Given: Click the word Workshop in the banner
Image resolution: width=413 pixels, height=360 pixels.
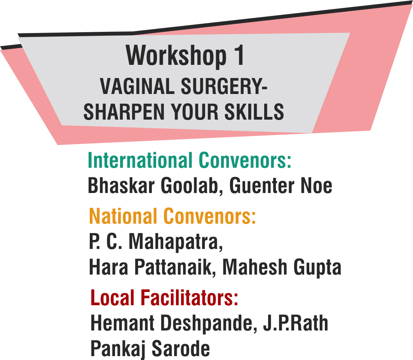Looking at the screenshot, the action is pyautogui.click(x=176, y=56).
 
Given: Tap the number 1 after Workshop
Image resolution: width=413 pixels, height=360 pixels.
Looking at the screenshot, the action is pyautogui.click(x=239, y=55).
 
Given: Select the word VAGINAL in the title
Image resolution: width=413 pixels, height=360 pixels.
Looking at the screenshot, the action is pyautogui.click(x=137, y=86).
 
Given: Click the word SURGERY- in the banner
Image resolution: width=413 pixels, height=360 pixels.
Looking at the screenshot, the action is pyautogui.click(x=224, y=86).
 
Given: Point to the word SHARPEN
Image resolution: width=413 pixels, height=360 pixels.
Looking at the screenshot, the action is pyautogui.click(x=124, y=112).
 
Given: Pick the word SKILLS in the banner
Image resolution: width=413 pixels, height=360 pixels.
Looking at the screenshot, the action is pyautogui.click(x=254, y=112).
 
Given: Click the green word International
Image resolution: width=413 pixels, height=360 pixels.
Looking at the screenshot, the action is pyautogui.click(x=140, y=160).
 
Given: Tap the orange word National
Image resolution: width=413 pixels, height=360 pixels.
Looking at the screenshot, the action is pyautogui.click(x=123, y=216).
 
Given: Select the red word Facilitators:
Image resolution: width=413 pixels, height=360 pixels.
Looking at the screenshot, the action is pyautogui.click(x=189, y=297).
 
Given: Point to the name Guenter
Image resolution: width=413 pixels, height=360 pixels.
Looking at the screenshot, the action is pyautogui.click(x=261, y=186).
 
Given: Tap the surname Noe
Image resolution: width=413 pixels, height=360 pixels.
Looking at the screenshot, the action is pyautogui.click(x=316, y=186).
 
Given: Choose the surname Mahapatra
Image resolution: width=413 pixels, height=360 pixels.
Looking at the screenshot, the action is pyautogui.click(x=176, y=242).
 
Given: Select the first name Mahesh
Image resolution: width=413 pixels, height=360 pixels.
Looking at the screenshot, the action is pyautogui.click(x=255, y=267).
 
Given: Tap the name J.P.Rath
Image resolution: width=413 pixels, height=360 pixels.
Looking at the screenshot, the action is pyautogui.click(x=296, y=323).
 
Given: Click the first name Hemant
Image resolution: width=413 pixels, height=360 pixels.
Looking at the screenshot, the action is pyautogui.click(x=122, y=323).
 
